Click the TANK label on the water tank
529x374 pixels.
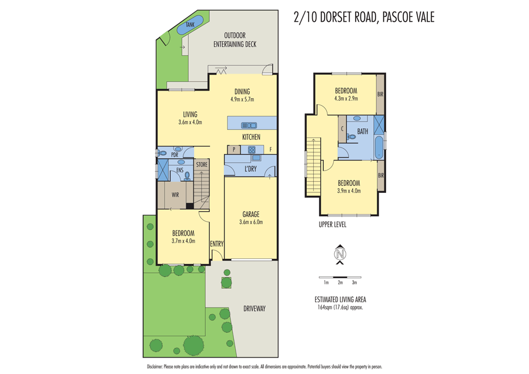(x=190, y=25)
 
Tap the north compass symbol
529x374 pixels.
(x=340, y=254)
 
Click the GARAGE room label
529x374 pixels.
(x=251, y=215)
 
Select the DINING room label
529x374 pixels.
(x=242, y=92)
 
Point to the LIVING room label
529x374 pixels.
(x=190, y=115)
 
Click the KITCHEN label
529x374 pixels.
(x=251, y=137)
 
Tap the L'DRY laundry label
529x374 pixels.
(x=250, y=169)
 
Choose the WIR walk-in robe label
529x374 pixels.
(x=175, y=195)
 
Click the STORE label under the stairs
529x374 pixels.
(x=202, y=165)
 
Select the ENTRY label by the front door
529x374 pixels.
(x=216, y=244)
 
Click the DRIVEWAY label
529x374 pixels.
(x=255, y=309)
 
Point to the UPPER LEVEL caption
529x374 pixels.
(x=332, y=225)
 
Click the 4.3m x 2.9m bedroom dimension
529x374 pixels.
(x=346, y=98)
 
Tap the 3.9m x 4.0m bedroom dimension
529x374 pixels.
(x=349, y=191)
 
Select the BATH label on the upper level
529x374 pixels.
(x=363, y=132)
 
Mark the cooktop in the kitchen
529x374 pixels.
(x=252, y=150)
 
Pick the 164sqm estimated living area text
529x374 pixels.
(x=340, y=307)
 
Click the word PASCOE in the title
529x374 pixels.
(x=397, y=17)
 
